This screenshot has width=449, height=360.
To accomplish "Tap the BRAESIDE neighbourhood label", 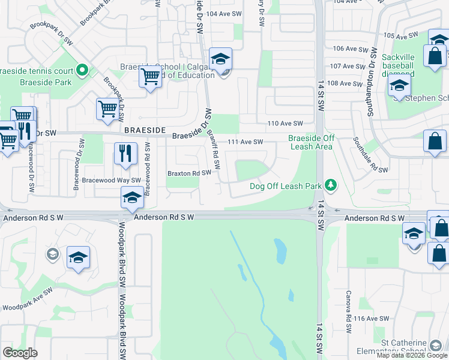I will pos(143,130).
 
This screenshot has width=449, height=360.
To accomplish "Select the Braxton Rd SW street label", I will pos(190,173).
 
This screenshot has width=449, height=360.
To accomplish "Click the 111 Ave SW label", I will pos(246,142).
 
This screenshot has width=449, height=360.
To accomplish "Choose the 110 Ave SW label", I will pos(285,123).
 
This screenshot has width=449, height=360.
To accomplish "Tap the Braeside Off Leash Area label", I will pos(310,142).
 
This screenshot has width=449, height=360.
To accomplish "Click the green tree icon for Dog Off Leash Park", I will pos(329,184).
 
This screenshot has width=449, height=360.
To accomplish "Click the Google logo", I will pos(20,352).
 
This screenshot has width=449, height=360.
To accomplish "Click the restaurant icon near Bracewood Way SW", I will pos(125,153).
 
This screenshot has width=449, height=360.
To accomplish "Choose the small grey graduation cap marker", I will pos(52,254).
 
